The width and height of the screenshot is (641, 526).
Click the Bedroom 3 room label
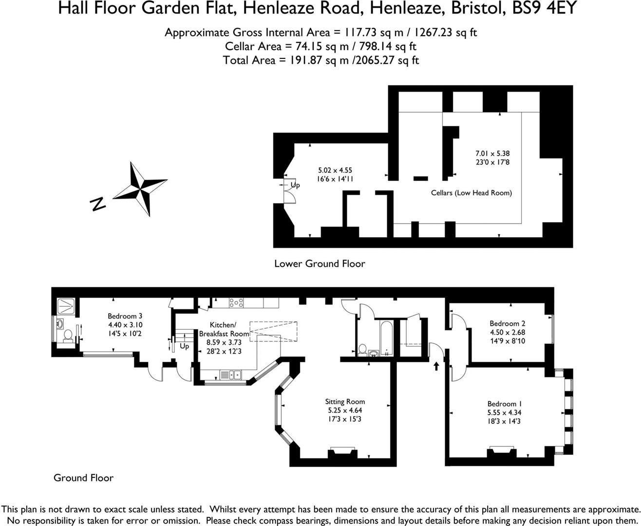125,316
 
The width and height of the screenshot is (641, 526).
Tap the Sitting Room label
345,401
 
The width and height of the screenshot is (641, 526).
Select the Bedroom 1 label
505,404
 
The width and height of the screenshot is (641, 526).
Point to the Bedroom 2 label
508,323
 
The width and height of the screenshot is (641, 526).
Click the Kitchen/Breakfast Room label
224,329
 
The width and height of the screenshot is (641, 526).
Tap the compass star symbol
140,188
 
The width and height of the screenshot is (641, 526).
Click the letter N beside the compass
97,204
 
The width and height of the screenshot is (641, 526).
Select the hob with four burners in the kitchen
236,302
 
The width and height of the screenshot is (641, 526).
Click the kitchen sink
230,375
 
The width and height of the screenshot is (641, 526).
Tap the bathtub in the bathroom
387,338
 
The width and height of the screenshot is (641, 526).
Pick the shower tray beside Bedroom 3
66,306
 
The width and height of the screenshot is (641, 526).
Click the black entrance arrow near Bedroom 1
436,366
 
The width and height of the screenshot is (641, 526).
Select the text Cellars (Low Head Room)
471,193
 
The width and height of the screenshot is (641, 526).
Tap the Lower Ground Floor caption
320,263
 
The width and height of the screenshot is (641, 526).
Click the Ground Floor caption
84,478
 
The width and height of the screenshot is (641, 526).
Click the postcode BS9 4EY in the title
544,8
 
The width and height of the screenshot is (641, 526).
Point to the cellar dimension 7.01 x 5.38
492,153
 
